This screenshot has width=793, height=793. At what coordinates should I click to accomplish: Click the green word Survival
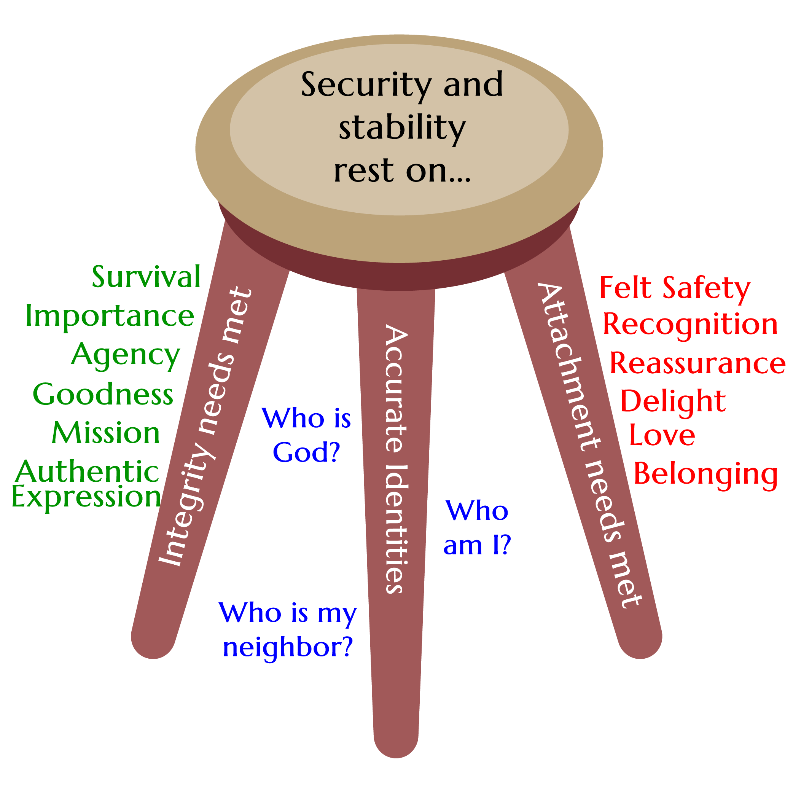pos(146,277)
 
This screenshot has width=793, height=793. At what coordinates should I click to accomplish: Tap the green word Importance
pos(110,316)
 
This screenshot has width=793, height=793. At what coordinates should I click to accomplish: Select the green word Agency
pos(126,355)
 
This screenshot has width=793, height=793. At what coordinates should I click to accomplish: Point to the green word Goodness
pos(103,394)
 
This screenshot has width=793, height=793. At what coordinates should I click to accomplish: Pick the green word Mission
pos(106,433)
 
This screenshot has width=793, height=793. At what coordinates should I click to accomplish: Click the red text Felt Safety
pos(675,288)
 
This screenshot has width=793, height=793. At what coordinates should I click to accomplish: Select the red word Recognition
pos(690,325)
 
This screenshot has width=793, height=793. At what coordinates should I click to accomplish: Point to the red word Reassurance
pos(697,363)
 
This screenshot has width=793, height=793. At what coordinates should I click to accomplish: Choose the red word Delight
pos(673,401)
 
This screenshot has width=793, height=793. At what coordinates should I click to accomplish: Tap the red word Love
pos(662,435)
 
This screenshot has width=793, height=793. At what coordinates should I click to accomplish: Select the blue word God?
pos(306,453)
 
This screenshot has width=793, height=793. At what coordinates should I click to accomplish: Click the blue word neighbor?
pos(288,648)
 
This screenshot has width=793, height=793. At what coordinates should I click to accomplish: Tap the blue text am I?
pos(477,546)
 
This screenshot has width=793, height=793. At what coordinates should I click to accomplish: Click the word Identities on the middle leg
pos(396,529)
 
